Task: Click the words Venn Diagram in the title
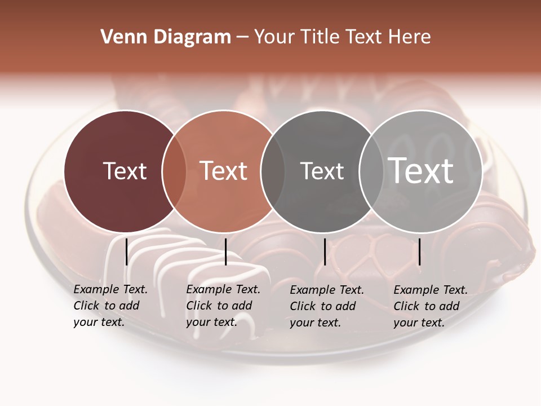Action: click(166, 37)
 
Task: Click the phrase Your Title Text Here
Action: click(342, 37)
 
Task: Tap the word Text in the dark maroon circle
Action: click(125, 171)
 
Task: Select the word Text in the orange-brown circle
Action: click(224, 171)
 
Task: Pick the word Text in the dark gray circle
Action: click(322, 171)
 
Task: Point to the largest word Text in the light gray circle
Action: click(421, 170)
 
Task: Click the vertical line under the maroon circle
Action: click(126, 251)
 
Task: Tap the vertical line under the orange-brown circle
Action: click(225, 251)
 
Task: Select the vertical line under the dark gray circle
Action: click(325, 251)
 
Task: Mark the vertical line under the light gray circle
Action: click(419, 251)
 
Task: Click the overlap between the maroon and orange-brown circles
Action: click(174, 171)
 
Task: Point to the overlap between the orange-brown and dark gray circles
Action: click(273, 171)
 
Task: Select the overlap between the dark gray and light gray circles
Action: click(371, 171)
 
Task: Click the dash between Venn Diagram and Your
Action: click(242, 37)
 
